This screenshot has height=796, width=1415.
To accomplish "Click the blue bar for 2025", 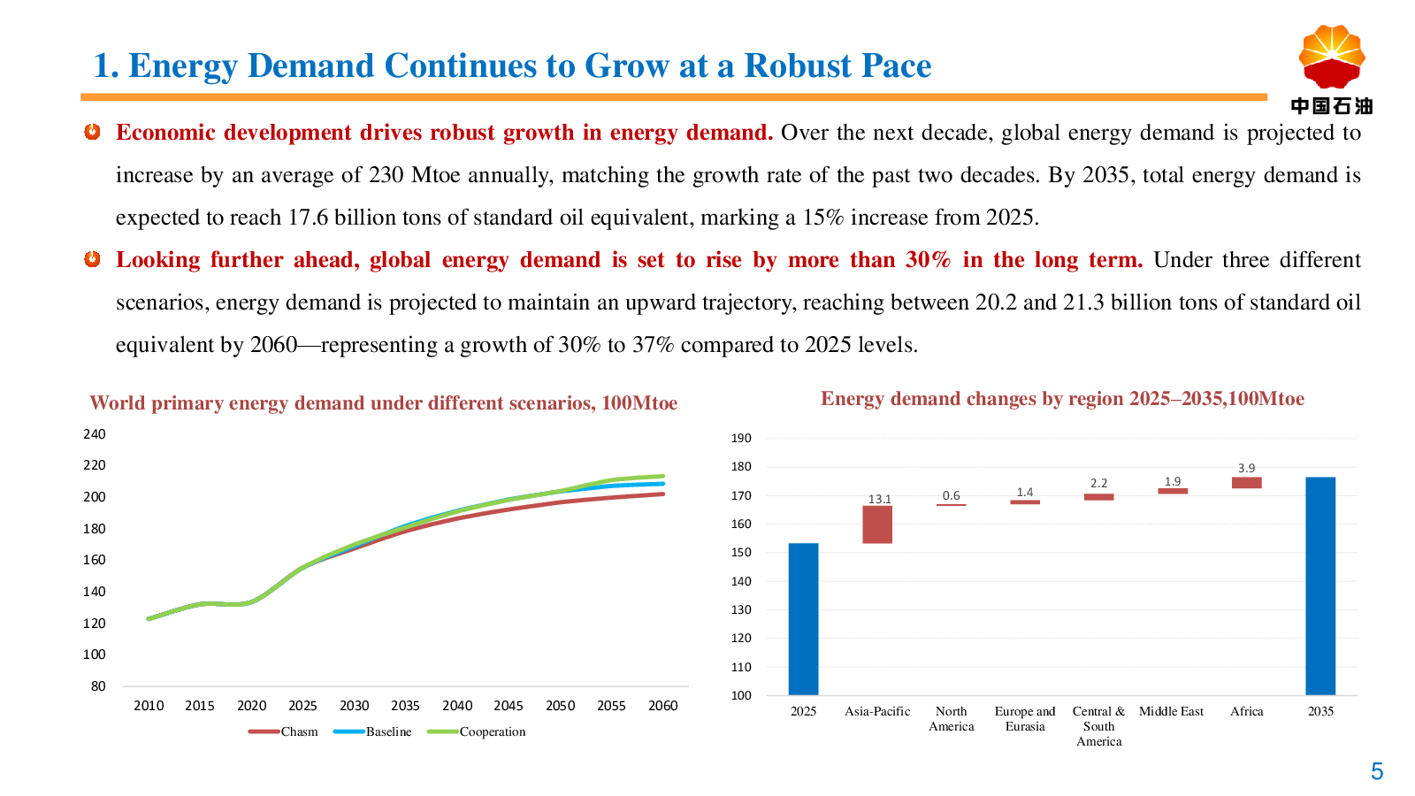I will point(803,619).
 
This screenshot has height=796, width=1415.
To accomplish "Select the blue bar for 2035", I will point(1320,586).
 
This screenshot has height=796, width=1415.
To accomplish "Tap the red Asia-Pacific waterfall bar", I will point(877,524).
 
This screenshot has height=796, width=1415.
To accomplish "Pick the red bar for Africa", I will point(1246,483).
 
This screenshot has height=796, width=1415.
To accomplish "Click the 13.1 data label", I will point(880,499).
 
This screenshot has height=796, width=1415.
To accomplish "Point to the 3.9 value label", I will point(1246,468).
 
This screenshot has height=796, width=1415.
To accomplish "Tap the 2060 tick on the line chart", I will point(662,706).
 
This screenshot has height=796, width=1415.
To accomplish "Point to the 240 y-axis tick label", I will point(95,434).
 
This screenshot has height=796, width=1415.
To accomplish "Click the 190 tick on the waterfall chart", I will point(741,438).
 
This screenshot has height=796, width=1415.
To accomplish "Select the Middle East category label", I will point(1171,711).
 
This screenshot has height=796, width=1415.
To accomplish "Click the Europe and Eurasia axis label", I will point(1025,718).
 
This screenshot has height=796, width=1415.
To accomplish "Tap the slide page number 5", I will point(1377,771).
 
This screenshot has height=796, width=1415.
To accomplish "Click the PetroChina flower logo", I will point(1331,57).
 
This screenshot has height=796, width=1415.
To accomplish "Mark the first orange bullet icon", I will point(92,132).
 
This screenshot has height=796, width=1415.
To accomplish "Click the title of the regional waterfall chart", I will point(1062,399).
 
